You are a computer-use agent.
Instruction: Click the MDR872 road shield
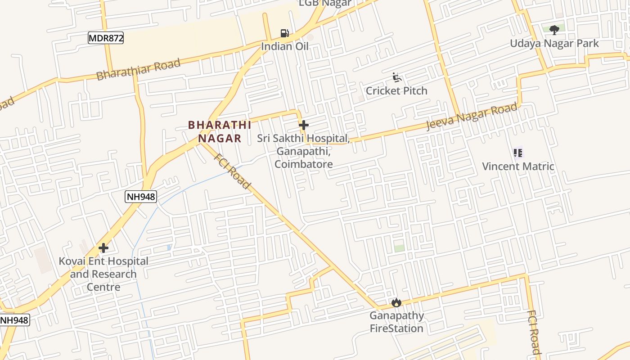[106, 38]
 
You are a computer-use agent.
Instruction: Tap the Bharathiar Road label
[139, 69]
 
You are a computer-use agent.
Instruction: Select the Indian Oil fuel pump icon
[284, 33]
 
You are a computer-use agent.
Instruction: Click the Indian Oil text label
[285, 46]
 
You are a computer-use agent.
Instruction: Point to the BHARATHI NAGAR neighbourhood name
[220, 131]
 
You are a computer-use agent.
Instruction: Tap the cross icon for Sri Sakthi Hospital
[304, 125]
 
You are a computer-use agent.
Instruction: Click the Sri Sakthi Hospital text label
[304, 151]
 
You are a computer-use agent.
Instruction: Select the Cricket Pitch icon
[396, 78]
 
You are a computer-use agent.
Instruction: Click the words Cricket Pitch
[396, 91]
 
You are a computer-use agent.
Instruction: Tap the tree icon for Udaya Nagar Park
[554, 30]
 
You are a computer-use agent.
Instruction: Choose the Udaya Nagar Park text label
[554, 44]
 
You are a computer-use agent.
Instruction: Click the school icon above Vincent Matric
[518, 153]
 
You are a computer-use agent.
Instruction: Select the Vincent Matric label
[518, 166]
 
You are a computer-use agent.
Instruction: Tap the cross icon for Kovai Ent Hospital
[103, 248]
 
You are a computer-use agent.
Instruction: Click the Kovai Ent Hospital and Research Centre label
[103, 274]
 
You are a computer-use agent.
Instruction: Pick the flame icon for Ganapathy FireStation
[396, 302]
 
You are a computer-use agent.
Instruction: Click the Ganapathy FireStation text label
[396, 322]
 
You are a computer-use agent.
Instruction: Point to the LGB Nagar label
[325, 3]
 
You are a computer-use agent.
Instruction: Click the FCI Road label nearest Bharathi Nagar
[232, 171]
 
